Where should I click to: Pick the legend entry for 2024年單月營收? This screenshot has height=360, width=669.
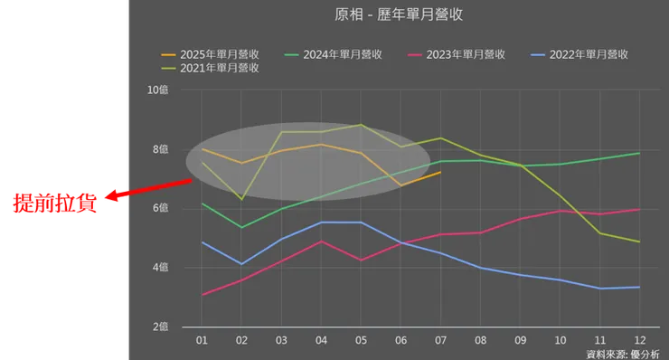334,53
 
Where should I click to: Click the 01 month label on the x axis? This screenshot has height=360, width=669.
202,341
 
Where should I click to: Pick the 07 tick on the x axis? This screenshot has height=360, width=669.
440,341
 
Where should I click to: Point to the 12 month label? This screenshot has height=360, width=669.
639,341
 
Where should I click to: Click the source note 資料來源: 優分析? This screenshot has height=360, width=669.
623,354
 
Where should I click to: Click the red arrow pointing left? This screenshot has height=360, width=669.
149,187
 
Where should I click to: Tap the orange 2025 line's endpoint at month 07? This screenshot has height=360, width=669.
440,172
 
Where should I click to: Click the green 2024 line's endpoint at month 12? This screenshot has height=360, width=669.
639,153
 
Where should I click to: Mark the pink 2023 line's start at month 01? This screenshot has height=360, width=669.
202,295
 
